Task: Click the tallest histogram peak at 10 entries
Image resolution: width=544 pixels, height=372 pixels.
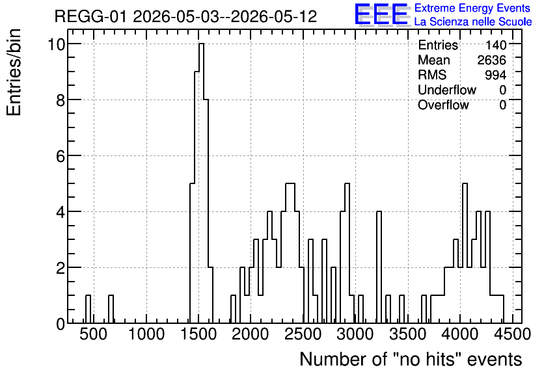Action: [201, 44]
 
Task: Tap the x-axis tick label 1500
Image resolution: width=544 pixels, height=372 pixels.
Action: [198, 334]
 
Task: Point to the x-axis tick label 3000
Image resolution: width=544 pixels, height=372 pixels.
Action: [355, 334]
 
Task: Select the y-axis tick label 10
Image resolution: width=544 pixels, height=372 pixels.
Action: [57, 44]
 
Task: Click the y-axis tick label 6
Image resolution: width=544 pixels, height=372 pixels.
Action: [61, 156]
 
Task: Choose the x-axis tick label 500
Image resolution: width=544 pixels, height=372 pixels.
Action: [93, 334]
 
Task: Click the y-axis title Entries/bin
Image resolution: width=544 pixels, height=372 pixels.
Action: [14, 72]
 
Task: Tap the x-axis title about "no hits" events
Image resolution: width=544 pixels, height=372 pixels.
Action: [411, 359]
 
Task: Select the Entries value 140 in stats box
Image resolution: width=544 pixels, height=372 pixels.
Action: [495, 45]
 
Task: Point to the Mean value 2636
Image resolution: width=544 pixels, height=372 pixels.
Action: [491, 60]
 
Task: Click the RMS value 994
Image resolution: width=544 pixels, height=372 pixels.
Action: [495, 75]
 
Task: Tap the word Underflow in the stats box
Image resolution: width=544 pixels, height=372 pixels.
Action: [447, 90]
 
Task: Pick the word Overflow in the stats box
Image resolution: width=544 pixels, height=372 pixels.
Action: [443, 105]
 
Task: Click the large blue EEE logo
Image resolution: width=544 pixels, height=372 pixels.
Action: [381, 15]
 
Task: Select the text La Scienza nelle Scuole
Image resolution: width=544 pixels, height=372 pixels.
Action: [473, 22]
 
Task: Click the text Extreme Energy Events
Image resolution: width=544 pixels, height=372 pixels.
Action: [472, 8]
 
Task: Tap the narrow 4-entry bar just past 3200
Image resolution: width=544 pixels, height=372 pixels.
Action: [379, 267]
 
